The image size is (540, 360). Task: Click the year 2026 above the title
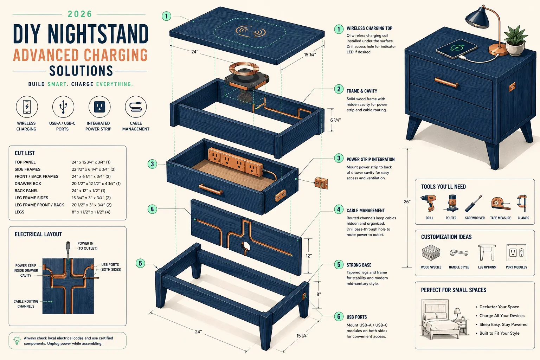80,14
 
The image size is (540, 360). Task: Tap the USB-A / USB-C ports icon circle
63,107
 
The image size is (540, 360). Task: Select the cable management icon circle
136,107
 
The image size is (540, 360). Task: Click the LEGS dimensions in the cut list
91,212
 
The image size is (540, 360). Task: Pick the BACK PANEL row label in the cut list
26,191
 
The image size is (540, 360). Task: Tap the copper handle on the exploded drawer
211,189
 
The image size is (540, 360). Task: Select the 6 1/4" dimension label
336,120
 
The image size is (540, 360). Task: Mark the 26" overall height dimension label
407,201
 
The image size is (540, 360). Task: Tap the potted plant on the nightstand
515,41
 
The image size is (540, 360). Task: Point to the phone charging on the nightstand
456,49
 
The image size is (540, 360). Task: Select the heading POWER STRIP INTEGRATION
371,159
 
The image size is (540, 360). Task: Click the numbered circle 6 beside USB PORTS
339,316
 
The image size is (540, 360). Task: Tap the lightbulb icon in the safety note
17,340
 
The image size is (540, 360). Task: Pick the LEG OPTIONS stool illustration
487,252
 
